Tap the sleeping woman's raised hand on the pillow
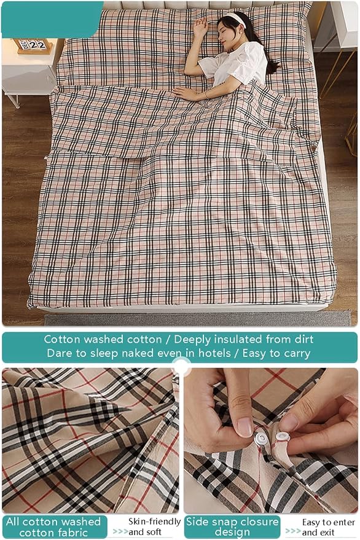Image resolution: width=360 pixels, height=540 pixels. (x=200, y=26)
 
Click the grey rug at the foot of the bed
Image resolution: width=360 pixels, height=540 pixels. (x=198, y=318)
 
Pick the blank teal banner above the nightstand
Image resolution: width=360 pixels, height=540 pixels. (x=52, y=18)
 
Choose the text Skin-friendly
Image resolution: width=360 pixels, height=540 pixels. (x=154, y=522)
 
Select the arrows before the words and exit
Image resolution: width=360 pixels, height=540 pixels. (x=293, y=531)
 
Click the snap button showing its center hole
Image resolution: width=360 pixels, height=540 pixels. (x=260, y=439)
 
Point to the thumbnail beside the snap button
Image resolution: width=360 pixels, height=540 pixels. (x=245, y=427)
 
